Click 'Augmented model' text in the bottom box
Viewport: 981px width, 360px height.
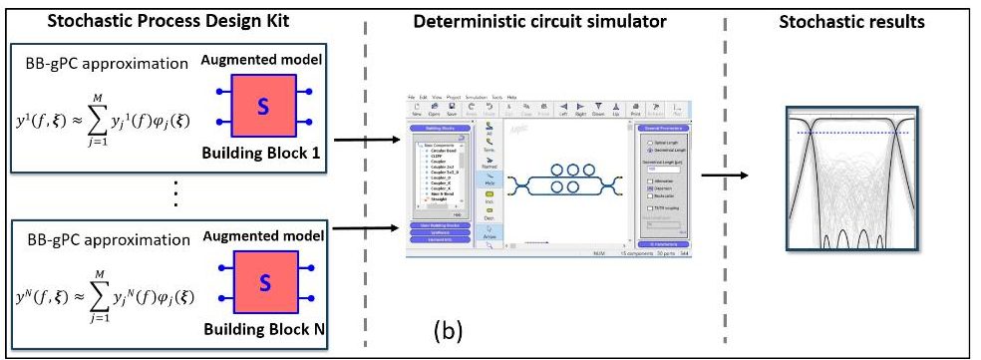263,236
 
